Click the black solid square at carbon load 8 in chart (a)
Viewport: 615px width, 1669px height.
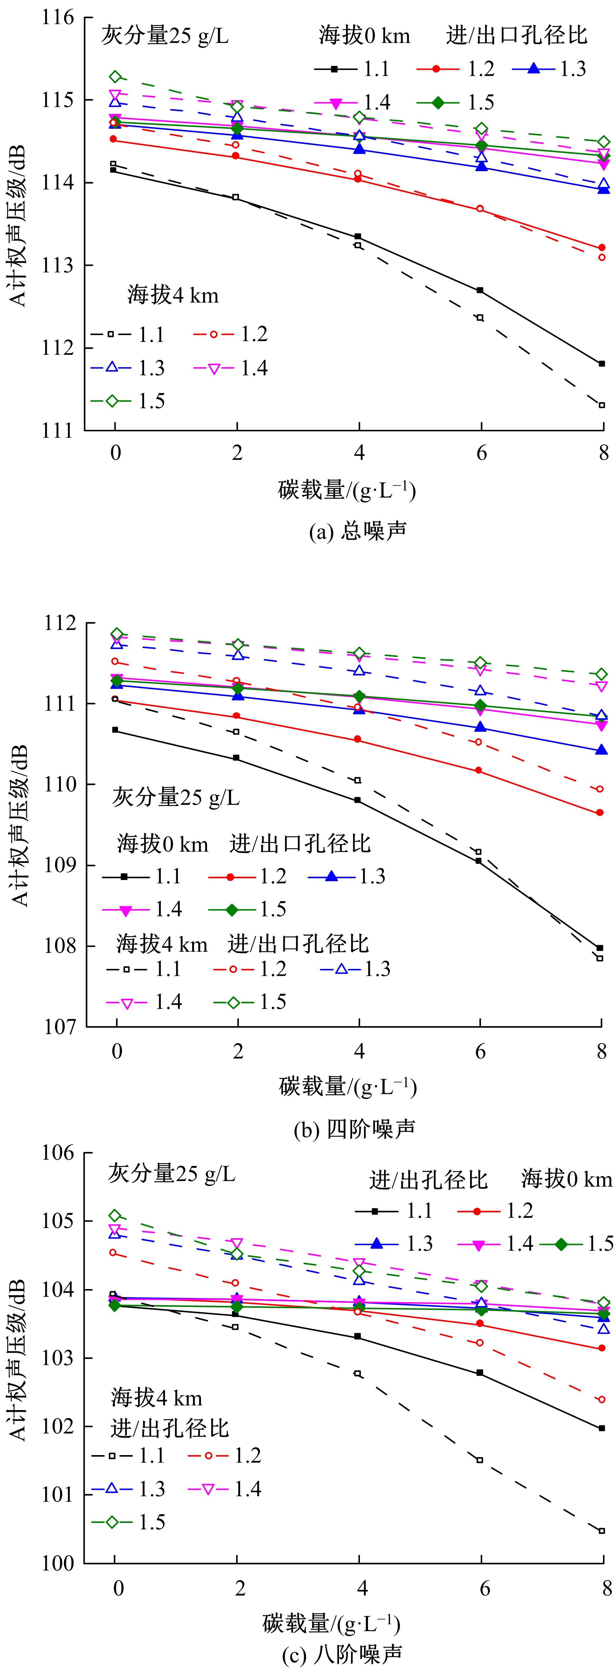[x=602, y=364]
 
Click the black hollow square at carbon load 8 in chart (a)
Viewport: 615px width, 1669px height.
[x=602, y=405]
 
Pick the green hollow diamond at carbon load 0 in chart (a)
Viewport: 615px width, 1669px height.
[x=115, y=76]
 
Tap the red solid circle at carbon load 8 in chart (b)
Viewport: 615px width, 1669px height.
[x=600, y=813]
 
